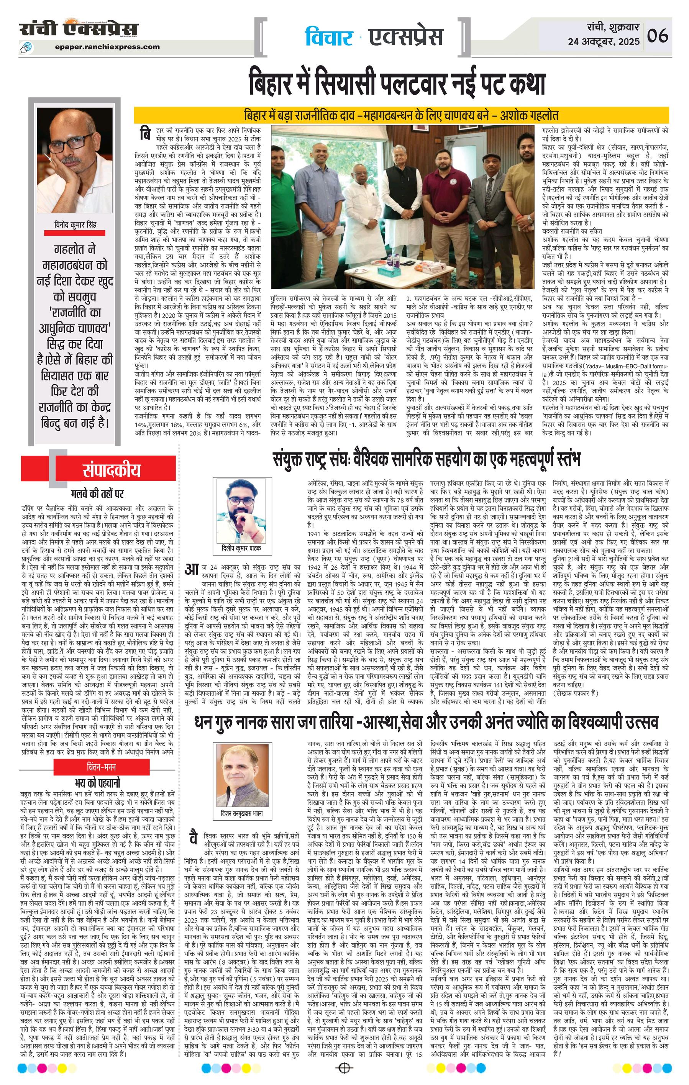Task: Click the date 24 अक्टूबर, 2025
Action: [x=604, y=41]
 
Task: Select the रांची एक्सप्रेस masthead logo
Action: [x=79, y=29]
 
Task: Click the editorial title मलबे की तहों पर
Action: [x=98, y=494]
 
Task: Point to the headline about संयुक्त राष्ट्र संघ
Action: [x=426, y=460]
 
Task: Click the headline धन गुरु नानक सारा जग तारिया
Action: [x=426, y=723]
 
